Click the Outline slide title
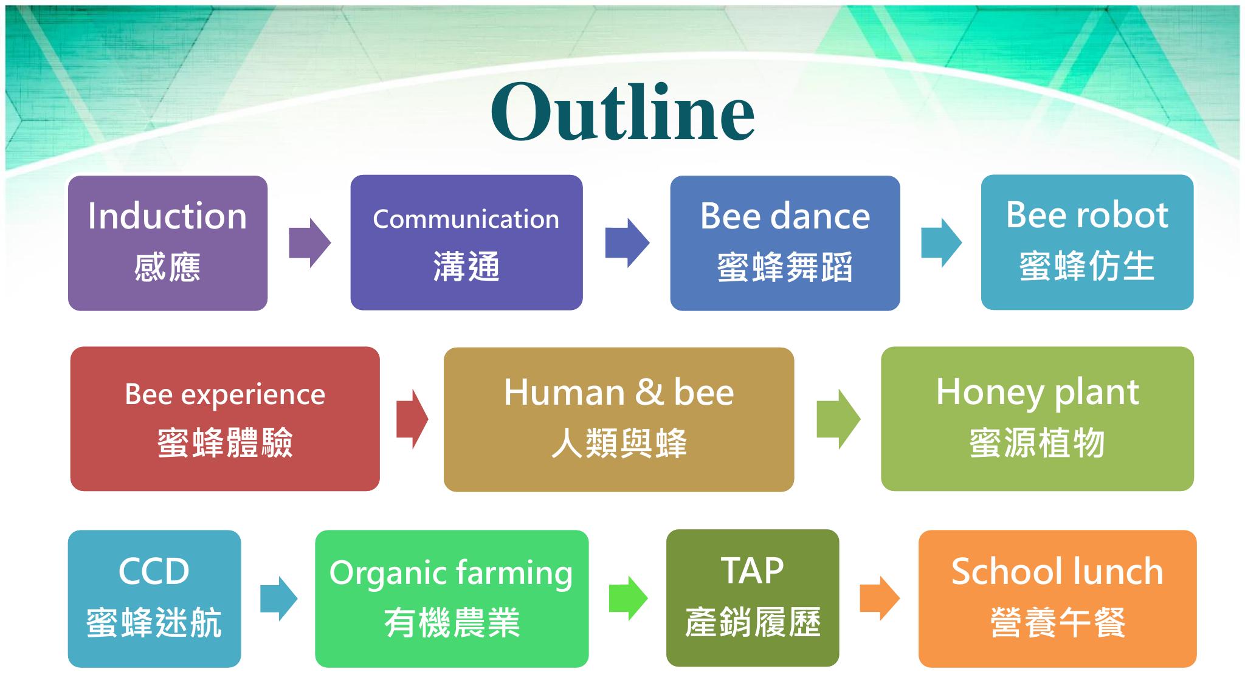click(x=622, y=112)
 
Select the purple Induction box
click(x=168, y=243)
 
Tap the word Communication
click(x=466, y=219)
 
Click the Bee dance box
click(x=785, y=243)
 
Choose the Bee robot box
click(x=1087, y=242)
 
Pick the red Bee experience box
click(x=225, y=419)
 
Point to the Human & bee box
click(x=619, y=419)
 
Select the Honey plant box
click(x=1037, y=419)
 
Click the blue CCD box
click(x=154, y=599)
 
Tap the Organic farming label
click(x=451, y=573)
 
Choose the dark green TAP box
click(x=753, y=598)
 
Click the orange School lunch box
click(x=1057, y=599)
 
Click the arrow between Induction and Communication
click(x=309, y=243)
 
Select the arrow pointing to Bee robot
click(x=942, y=243)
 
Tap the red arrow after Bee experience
click(x=412, y=419)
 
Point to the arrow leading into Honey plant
click(x=838, y=419)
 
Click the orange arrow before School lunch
click(x=880, y=599)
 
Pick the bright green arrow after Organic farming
click(x=629, y=599)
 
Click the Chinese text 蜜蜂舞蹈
click(x=785, y=267)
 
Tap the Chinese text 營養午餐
click(x=1058, y=623)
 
